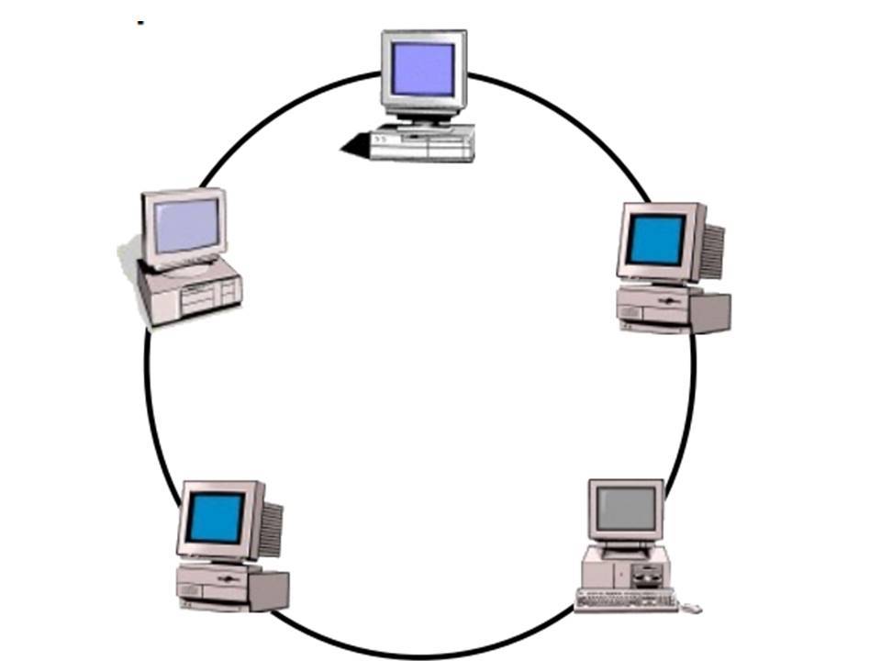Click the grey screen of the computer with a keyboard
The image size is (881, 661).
pos(627,508)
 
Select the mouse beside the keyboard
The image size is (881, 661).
pos(694,608)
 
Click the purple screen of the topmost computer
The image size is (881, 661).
pos(423,69)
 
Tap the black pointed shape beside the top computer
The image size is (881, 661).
pos(354,144)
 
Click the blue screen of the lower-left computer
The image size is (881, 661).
pos(216,517)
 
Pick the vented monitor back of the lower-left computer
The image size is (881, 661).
pos(271,529)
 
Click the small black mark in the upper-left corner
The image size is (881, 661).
pos(140,22)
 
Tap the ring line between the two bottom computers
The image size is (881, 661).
pos(422,654)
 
